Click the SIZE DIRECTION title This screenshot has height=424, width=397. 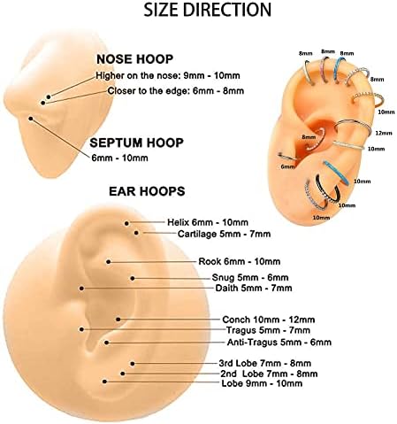tap(207, 10)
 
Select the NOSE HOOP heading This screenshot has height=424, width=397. tap(134, 59)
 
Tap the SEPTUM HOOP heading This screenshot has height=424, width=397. tap(136, 143)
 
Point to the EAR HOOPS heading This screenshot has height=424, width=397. tap(147, 191)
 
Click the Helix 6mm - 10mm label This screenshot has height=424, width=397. tap(208, 222)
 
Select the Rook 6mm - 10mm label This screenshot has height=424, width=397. tap(239, 261)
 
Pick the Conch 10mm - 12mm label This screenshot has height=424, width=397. tap(268, 320)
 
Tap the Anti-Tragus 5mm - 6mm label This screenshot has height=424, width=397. tap(279, 343)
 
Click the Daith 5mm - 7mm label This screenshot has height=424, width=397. tap(254, 288)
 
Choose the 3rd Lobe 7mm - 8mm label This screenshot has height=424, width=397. tap(264, 363)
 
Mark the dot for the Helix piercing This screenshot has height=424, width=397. tap(126, 224)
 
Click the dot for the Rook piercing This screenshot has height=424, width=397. tap(109, 262)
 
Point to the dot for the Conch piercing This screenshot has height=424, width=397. tap(118, 320)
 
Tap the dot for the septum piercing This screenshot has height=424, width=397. tap(31, 119)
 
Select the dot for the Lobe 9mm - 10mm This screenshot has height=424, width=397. tap(104, 382)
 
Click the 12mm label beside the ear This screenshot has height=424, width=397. tap(384, 133)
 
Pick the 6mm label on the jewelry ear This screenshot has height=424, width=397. tap(287, 166)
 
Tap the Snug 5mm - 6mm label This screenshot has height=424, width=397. tap(250, 278)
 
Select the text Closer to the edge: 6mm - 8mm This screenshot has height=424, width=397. tap(175, 91)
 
